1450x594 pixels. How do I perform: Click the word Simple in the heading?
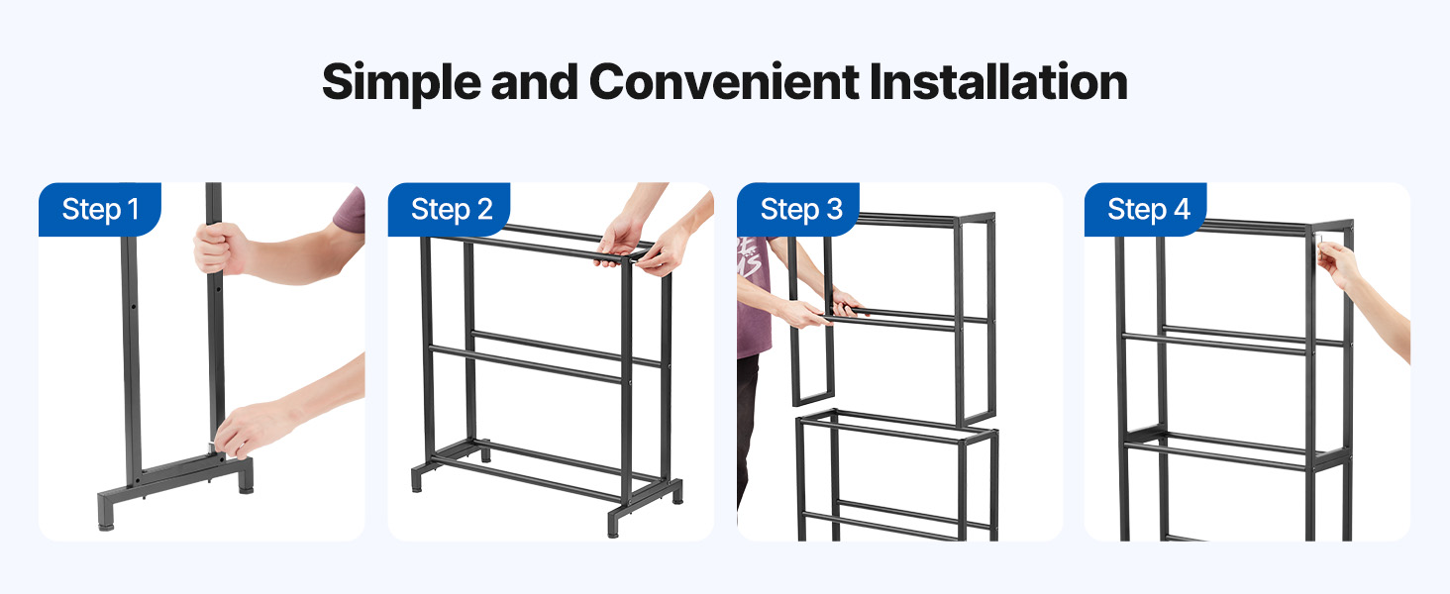click(401, 83)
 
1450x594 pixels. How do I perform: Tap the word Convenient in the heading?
click(724, 81)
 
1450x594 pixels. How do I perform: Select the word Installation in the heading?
click(998, 81)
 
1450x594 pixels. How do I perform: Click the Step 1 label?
click(100, 209)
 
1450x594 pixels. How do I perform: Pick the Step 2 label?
click(452, 209)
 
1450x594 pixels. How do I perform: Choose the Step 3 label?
click(801, 209)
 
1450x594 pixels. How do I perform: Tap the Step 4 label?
click(1148, 209)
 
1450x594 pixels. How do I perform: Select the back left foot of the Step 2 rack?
click(485, 451)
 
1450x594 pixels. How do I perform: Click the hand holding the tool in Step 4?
click(1337, 262)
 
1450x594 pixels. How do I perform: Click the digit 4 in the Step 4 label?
click(1182, 209)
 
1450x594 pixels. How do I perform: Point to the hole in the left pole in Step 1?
click(134, 306)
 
